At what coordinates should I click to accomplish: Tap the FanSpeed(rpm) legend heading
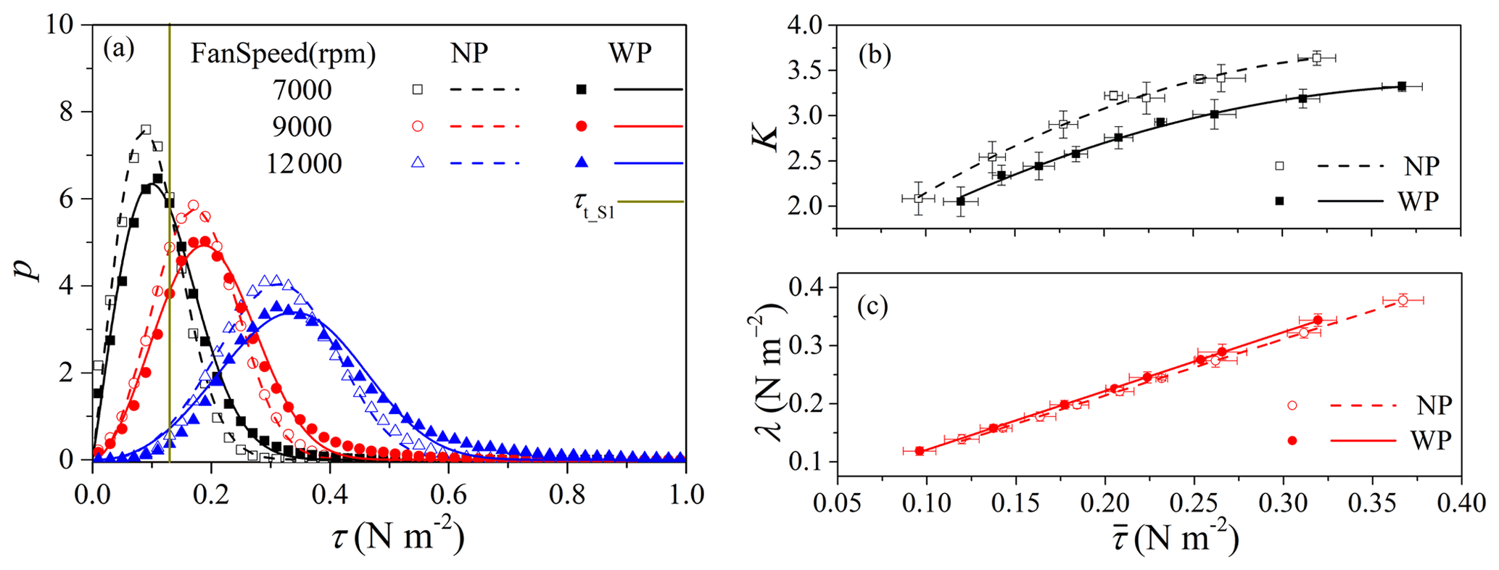pos(283,54)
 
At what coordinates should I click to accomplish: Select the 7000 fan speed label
pos(302,90)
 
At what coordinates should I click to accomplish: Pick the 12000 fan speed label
pos(304,164)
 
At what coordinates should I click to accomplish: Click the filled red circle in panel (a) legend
pos(581,126)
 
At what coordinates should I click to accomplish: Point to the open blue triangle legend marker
pos(417,163)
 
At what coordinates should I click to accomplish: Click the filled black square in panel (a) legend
pos(581,89)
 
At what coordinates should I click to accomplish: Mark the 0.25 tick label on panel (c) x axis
pos(1193,503)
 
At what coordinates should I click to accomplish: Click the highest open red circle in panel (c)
pos(1403,300)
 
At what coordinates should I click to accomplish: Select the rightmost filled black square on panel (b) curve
pos(1401,86)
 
